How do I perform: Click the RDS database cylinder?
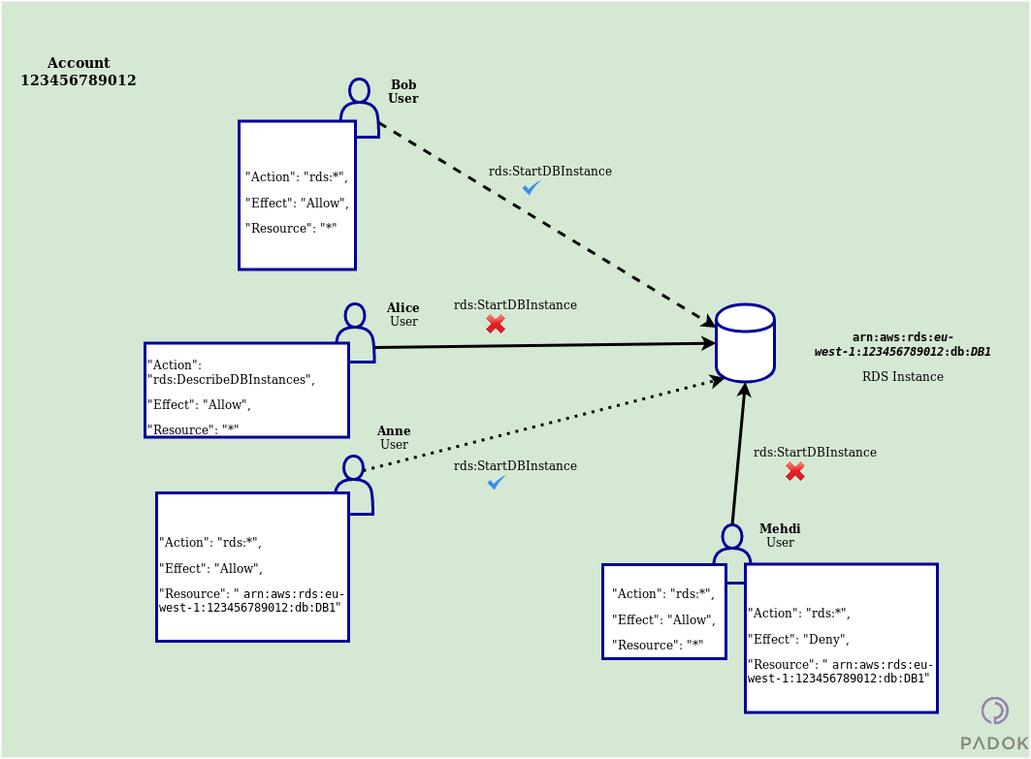coord(745,343)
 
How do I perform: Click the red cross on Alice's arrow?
coord(496,324)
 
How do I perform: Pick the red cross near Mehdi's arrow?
coord(794,471)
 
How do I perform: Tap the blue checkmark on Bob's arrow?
coord(531,188)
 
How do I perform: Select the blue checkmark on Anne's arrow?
coord(496,482)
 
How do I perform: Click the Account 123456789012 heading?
coord(79,72)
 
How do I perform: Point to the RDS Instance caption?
coord(902,376)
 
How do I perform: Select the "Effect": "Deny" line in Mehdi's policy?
coord(798,639)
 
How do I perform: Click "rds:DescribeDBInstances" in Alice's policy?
coord(231,379)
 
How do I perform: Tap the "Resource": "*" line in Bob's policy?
coord(291,228)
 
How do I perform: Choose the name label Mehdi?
coord(780,528)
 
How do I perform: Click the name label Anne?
coord(393,430)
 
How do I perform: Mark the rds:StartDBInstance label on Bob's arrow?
coord(550,171)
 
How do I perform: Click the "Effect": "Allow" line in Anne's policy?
coord(209,568)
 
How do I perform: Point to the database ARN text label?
coord(902,344)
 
